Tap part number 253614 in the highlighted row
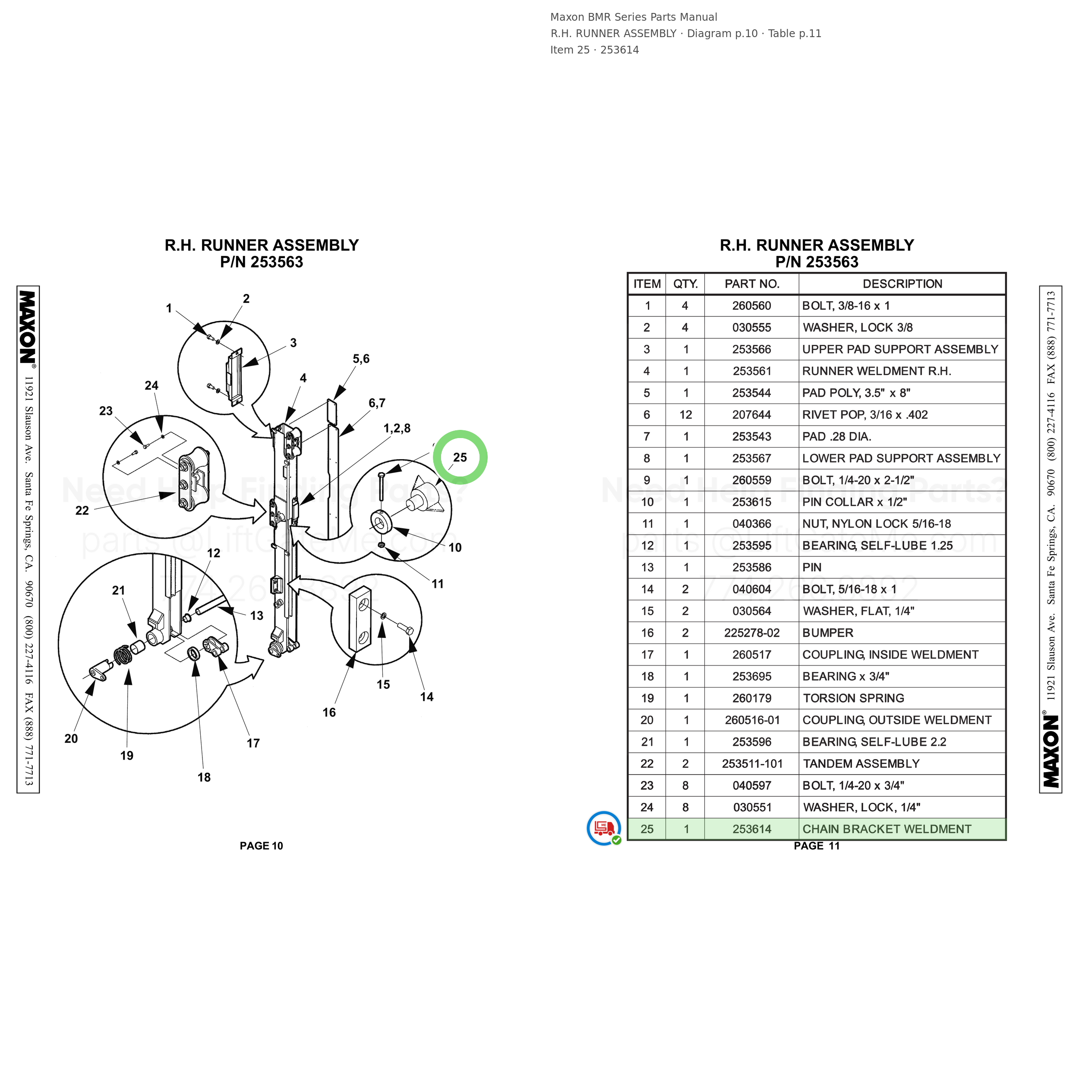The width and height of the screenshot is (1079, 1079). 752,829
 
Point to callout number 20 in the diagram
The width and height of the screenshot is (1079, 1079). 71,738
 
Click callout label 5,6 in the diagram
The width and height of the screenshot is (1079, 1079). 361,359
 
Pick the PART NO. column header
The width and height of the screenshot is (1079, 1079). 752,284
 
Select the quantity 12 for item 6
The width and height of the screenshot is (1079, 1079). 686,414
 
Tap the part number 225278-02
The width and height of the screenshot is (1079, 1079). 752,633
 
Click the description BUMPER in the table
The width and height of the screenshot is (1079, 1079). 828,633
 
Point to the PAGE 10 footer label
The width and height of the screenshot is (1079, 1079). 262,846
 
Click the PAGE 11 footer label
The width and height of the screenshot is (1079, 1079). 817,846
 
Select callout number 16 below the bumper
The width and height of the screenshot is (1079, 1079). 329,712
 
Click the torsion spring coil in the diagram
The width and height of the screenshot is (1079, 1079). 123,655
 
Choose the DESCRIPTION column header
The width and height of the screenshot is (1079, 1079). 902,284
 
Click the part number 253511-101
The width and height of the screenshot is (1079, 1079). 752,764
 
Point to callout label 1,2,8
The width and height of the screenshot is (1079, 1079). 397,428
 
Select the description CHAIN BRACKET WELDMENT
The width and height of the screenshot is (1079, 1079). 887,829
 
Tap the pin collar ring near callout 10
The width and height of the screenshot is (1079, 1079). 382,522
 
